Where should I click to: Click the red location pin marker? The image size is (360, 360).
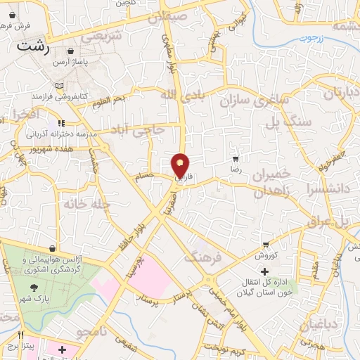181,165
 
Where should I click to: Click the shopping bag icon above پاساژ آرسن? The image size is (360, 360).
71,51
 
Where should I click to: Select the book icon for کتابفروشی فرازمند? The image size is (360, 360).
59,86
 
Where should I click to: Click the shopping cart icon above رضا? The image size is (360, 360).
236,159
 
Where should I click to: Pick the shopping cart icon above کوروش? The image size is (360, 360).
266,243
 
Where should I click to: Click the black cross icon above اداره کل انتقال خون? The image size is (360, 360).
264,271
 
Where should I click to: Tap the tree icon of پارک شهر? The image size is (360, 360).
34,288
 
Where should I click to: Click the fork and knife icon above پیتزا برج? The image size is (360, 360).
21,335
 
